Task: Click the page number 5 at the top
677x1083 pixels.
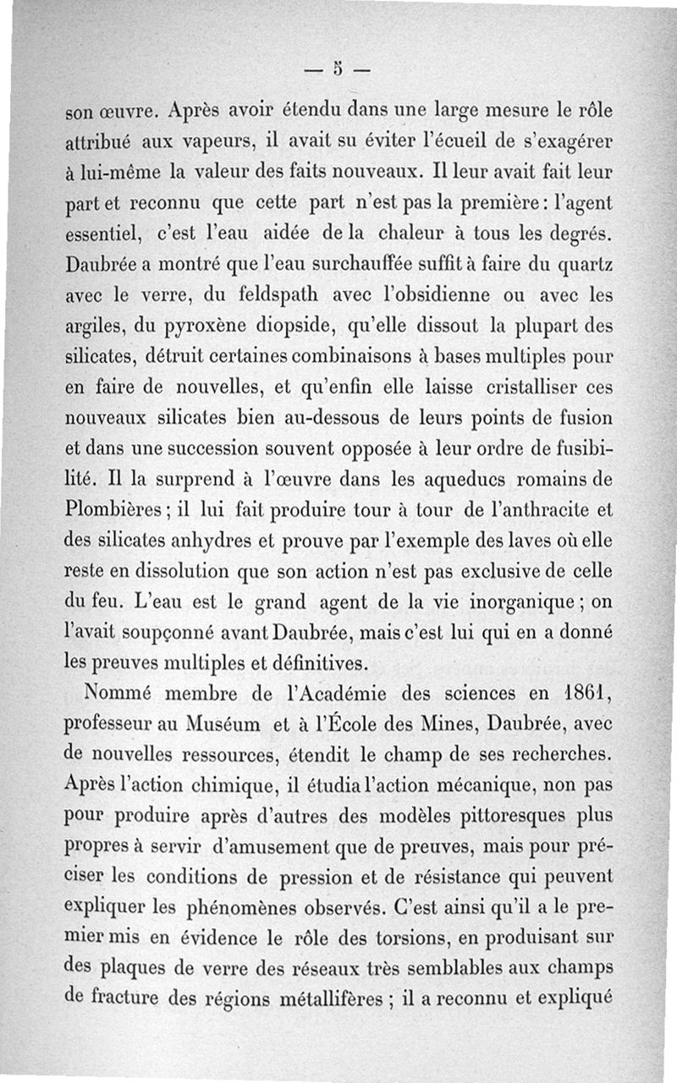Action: pos(338,69)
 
